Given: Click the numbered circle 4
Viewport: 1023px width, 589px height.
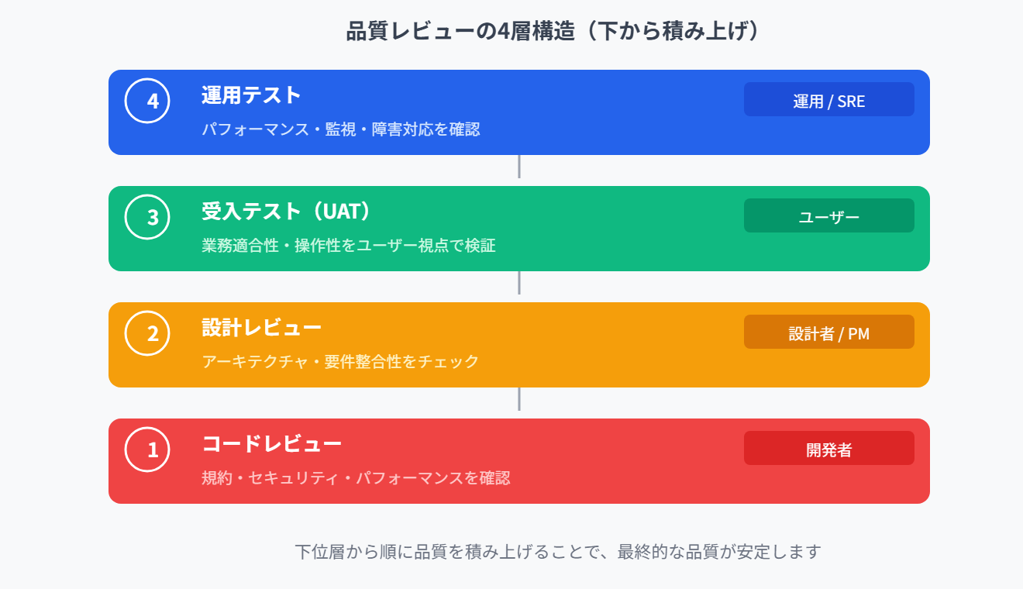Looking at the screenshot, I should (147, 101).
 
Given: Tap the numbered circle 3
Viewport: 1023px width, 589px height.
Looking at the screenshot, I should (147, 217).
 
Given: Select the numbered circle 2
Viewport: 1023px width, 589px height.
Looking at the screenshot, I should (147, 333).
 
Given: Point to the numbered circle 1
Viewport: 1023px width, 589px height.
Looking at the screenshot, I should (147, 449).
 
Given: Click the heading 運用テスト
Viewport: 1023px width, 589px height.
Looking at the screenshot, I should (251, 95).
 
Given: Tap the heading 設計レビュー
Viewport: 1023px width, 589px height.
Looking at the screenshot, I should (261, 328).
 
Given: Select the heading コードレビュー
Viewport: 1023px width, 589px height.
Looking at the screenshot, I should (271, 444).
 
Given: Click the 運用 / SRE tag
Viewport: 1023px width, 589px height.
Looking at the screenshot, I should (828, 100).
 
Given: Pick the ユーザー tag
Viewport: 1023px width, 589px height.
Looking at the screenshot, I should (828, 216).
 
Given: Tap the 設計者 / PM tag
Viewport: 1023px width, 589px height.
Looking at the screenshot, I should (828, 332).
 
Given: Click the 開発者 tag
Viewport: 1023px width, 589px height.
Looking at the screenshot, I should (828, 449).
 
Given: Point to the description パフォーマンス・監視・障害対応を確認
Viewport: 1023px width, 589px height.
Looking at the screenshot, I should (341, 129).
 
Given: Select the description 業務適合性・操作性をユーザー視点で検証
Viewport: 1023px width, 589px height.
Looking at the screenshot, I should (349, 246).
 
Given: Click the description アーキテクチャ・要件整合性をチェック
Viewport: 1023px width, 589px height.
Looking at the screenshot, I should (340, 362).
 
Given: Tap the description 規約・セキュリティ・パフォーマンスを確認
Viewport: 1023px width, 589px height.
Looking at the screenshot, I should (356, 478).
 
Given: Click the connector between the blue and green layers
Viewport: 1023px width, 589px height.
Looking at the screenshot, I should (518, 167).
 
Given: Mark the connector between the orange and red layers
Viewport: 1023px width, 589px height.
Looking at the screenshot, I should (518, 399).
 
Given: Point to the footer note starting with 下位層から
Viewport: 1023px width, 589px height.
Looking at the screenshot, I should (557, 552).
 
